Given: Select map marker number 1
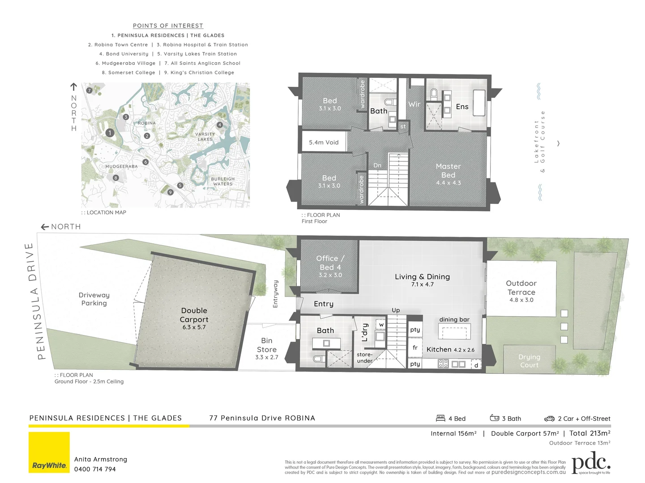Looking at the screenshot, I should [x=110, y=133].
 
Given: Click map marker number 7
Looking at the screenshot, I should [x=89, y=90].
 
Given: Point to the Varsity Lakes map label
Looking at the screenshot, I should [x=205, y=137].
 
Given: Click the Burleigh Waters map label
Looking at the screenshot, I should [x=223, y=182].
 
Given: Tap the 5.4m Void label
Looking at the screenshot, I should [x=324, y=143].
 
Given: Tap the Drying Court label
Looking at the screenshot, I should [x=529, y=361].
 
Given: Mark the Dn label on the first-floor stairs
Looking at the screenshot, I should [x=377, y=165].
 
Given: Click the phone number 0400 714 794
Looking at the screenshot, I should [x=95, y=469].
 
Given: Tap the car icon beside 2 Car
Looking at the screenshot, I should [x=549, y=419].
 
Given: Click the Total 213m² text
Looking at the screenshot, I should [x=589, y=433].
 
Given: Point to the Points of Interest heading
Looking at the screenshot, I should [x=168, y=26].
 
